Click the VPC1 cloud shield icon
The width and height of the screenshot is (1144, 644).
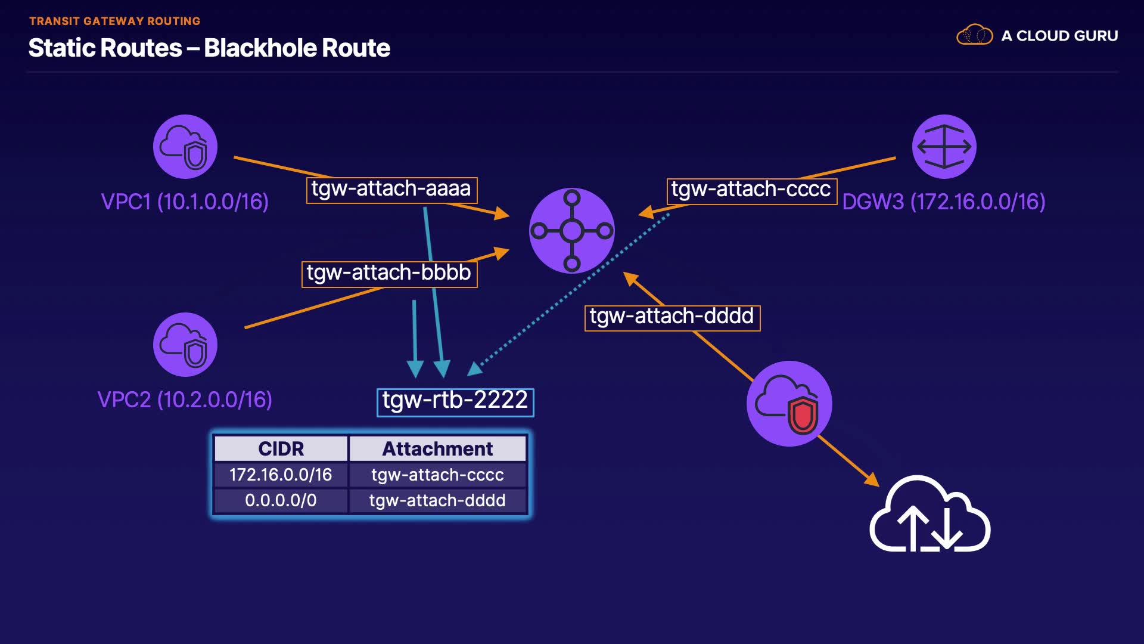coord(185,147)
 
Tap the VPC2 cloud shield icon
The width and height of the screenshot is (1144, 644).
coord(185,345)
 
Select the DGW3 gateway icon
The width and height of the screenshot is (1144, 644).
coord(944,147)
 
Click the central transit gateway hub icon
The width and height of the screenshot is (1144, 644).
coord(572,231)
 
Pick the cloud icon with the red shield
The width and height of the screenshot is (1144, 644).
coord(789,404)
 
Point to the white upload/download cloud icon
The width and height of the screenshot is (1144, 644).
coord(930,513)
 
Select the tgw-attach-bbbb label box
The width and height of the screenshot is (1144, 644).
coord(390,274)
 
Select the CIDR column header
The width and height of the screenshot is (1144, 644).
coord(281,448)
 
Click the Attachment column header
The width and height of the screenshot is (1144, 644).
coord(438,448)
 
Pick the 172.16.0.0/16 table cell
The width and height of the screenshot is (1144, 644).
coord(281,475)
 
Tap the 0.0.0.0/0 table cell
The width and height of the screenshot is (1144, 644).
coord(281,500)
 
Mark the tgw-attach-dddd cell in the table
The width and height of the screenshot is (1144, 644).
coord(438,500)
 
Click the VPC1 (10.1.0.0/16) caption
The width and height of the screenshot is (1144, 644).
coord(185,202)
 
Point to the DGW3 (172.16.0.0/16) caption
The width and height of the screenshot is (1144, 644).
coord(944,202)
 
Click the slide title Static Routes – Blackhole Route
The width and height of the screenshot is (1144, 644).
coord(209,48)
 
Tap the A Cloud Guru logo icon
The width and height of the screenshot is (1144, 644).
coord(975,35)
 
